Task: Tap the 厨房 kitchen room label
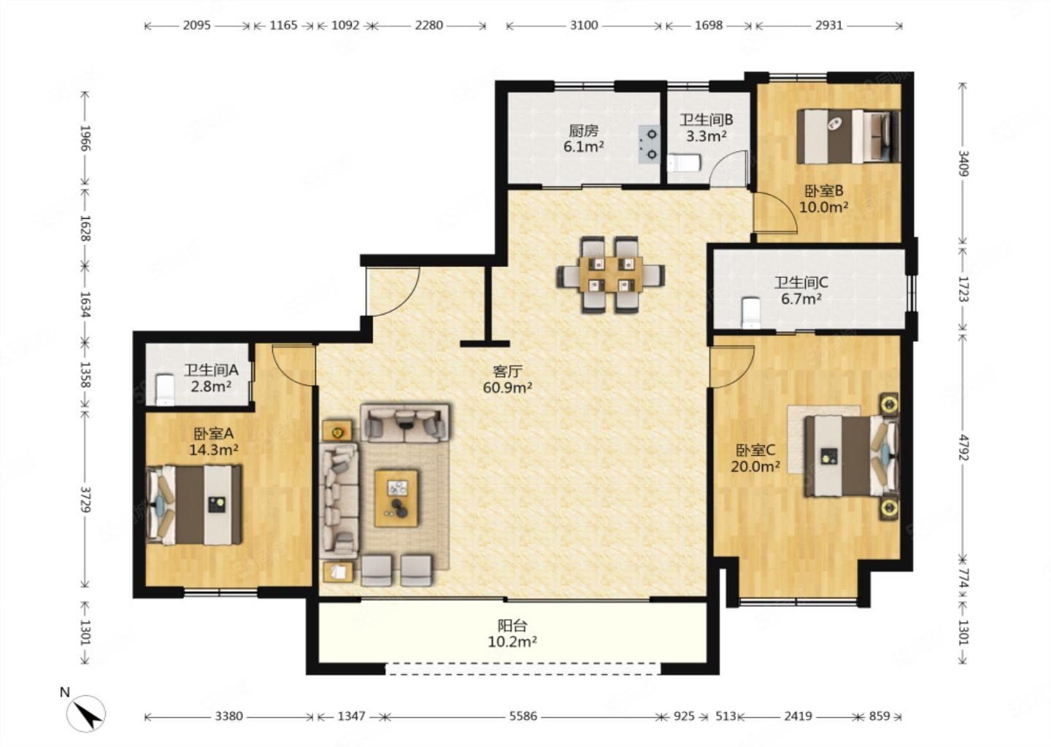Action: click(x=584, y=131)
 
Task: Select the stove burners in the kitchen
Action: click(x=650, y=144)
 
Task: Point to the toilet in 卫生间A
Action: click(x=164, y=390)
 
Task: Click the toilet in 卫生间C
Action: click(x=751, y=312)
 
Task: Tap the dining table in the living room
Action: click(x=610, y=274)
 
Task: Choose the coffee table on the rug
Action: click(x=396, y=498)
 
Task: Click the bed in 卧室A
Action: click(x=194, y=505)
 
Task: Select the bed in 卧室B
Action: click(x=848, y=136)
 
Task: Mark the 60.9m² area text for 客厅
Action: click(x=507, y=388)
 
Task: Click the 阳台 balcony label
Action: click(x=512, y=626)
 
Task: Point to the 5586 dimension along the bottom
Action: click(x=523, y=716)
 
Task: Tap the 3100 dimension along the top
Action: click(x=584, y=26)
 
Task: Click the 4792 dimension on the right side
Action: click(x=963, y=447)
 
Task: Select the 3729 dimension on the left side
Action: click(x=85, y=500)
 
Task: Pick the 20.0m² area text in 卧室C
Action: click(x=755, y=467)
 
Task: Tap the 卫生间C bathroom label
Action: click(x=801, y=282)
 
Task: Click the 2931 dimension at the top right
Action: click(x=829, y=26)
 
